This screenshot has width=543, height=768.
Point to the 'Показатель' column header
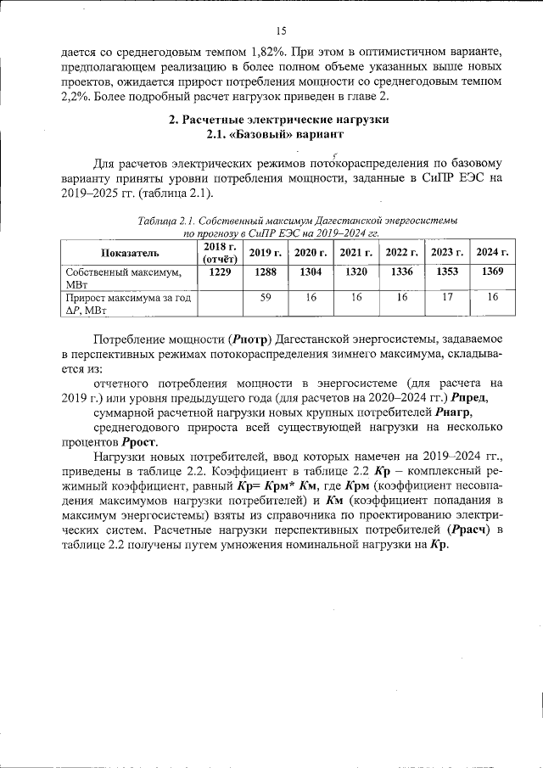click(130, 253)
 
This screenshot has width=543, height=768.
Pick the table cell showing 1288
click(265, 272)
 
